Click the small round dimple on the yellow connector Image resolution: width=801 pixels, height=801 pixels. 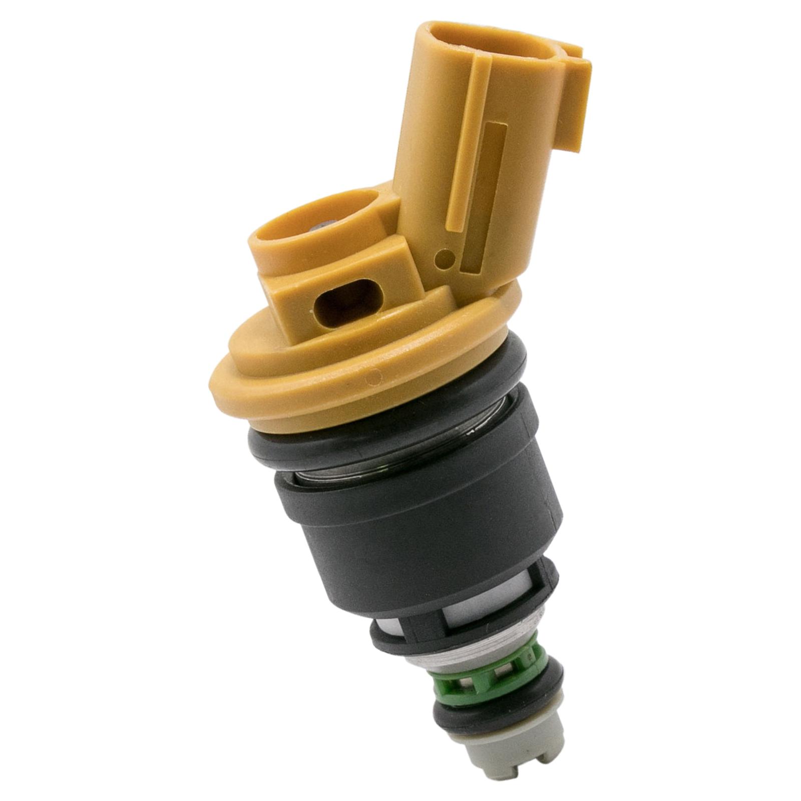coord(445,258)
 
